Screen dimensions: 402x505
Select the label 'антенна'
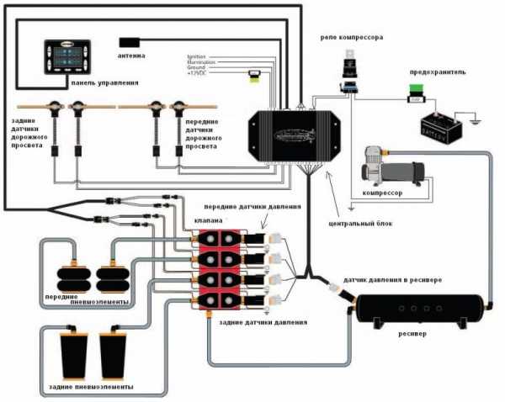tap(133, 56)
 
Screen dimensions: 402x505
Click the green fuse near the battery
tap(414, 98)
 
